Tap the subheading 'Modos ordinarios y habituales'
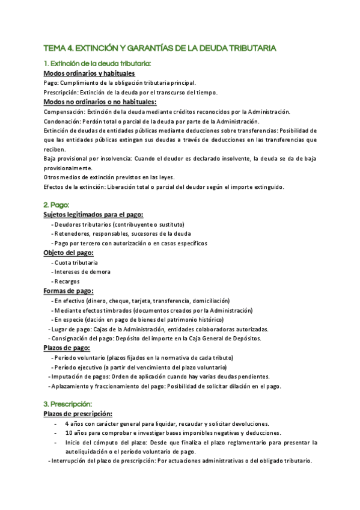(89, 73)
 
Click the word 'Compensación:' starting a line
(64, 112)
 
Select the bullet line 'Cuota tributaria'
(77, 263)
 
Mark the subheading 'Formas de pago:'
(68, 291)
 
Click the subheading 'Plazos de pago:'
(67, 348)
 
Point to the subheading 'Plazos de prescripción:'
(78, 414)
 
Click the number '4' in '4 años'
(67, 423)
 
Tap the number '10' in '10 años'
(69, 433)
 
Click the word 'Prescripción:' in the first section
(62, 93)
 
